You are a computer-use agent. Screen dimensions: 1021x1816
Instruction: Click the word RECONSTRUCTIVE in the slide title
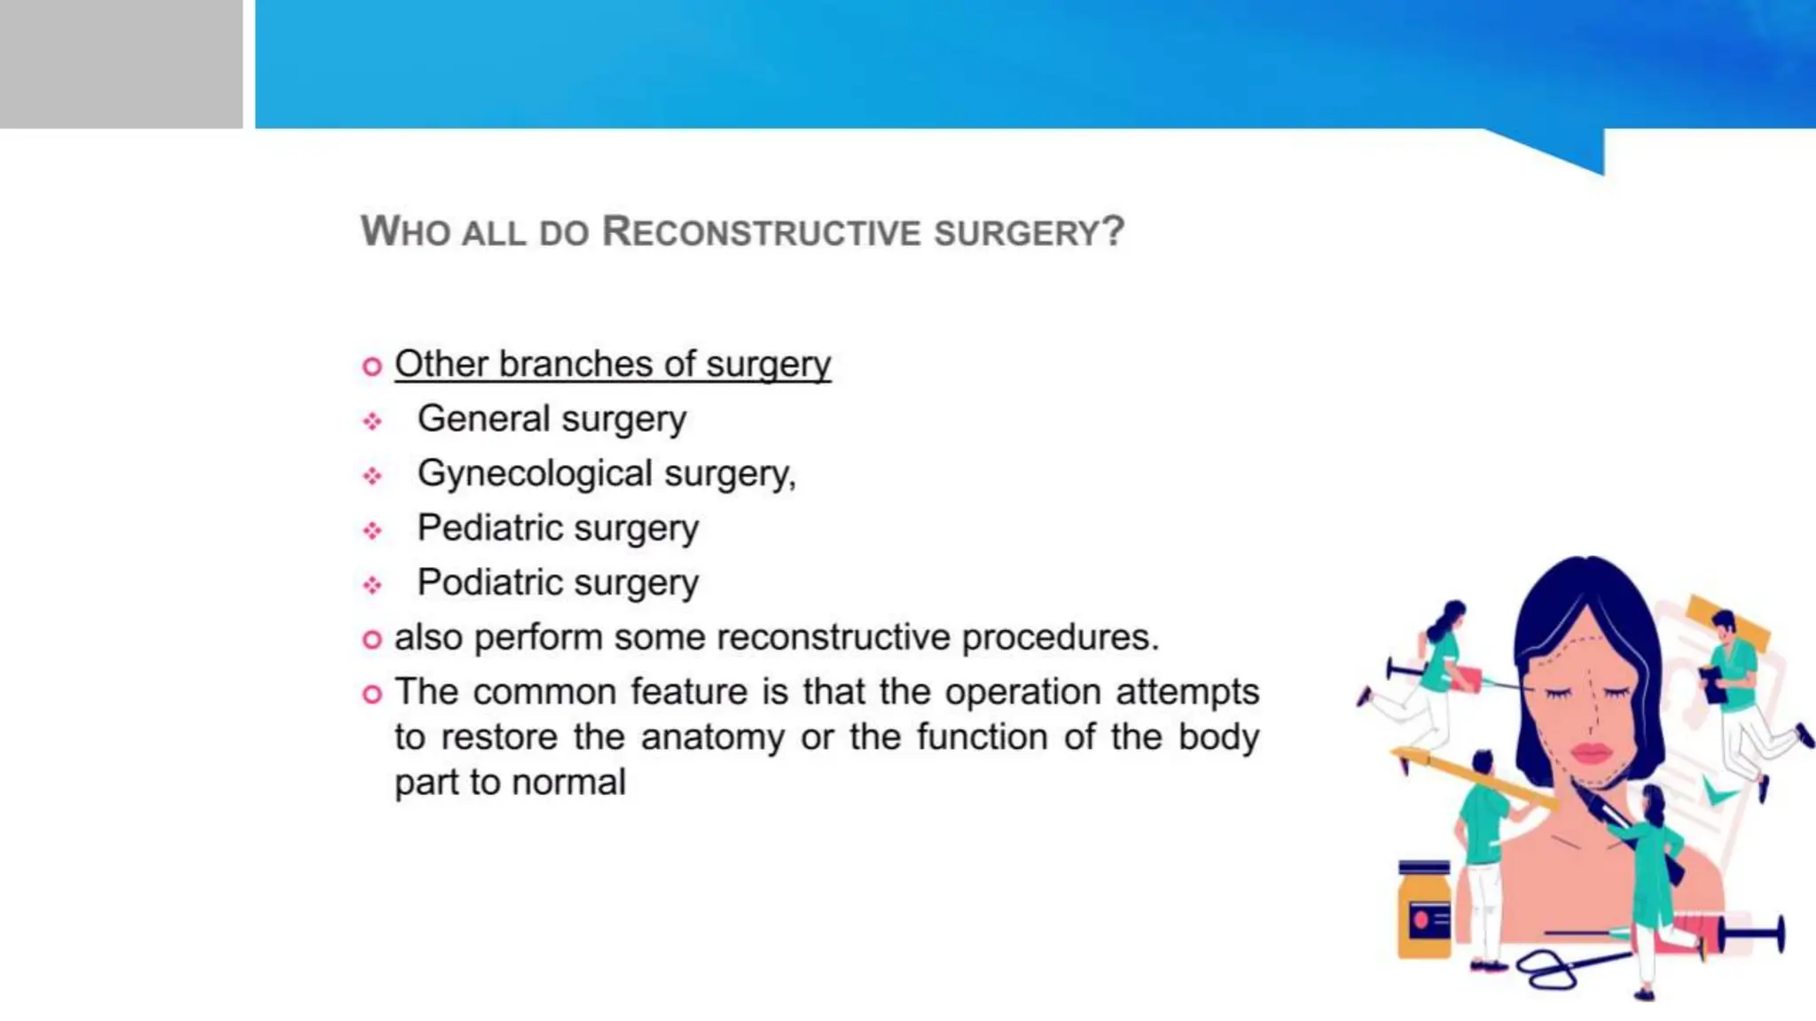762,232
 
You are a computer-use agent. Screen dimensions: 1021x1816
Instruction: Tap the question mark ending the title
1114,232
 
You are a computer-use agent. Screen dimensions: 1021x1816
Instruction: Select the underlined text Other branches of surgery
613,364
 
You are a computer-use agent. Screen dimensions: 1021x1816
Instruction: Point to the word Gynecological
536,473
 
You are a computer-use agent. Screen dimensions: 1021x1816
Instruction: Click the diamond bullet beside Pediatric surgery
372,531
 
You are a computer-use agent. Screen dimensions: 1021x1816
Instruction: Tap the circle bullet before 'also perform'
372,639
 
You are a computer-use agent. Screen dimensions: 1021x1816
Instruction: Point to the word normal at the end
568,783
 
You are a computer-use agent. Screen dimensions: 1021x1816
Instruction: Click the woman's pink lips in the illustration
1591,753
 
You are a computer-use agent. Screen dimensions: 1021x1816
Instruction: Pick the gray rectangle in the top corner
121,64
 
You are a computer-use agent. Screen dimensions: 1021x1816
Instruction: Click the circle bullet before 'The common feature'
372,694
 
